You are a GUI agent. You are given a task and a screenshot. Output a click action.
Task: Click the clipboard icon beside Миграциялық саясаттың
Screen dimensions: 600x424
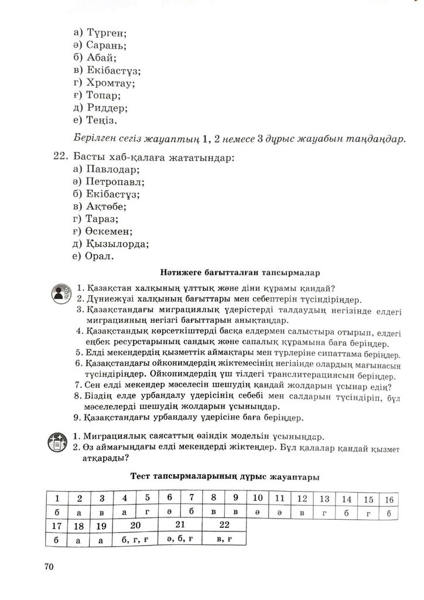(59, 442)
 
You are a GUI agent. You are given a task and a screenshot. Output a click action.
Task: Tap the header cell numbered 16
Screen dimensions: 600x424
(388, 499)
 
